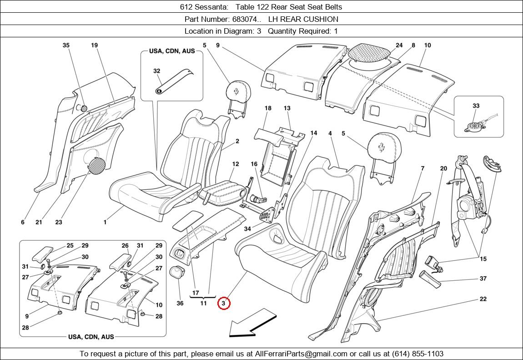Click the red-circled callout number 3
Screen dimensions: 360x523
coord(224,303)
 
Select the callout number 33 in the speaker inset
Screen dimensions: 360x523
coord(476,106)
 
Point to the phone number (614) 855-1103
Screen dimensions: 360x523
coord(414,354)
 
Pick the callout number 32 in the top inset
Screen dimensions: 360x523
coord(156,71)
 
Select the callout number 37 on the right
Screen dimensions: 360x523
coord(483,279)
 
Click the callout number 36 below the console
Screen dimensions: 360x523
coord(180,303)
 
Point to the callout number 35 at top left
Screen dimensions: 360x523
coord(66,45)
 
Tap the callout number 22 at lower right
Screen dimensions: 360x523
coord(483,299)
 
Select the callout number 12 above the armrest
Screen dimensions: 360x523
coord(235,164)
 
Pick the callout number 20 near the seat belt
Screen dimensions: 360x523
coord(443,168)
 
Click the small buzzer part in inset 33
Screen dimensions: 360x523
coord(474,126)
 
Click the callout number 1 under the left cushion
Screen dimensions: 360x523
coord(105,222)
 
